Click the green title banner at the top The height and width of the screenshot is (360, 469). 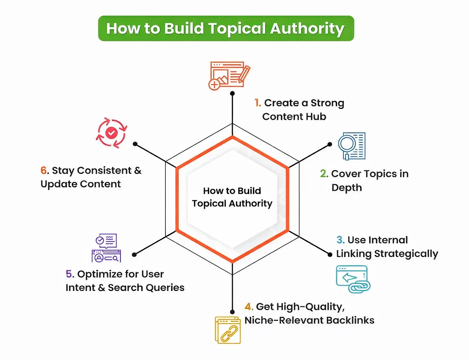pyautogui.click(x=226, y=28)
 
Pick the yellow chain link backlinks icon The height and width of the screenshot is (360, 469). pyautogui.click(x=227, y=329)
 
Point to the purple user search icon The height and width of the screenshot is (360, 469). pyautogui.click(x=106, y=248)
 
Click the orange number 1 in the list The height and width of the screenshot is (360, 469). pyautogui.click(x=258, y=103)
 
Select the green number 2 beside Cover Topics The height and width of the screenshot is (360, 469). pyautogui.click(x=324, y=174)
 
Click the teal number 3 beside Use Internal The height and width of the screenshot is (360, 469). pyautogui.click(x=340, y=240)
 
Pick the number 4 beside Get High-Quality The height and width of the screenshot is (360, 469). pyautogui.click(x=249, y=307)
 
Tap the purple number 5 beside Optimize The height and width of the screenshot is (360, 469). pyautogui.click(x=69, y=274)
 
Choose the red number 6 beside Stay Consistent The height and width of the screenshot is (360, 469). pyautogui.click(x=44, y=170)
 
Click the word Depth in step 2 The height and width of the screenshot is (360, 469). pyautogui.click(x=346, y=187)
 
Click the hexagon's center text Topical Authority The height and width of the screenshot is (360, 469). pyautogui.click(x=232, y=204)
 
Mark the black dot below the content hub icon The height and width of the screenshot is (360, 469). pyautogui.click(x=232, y=93)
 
